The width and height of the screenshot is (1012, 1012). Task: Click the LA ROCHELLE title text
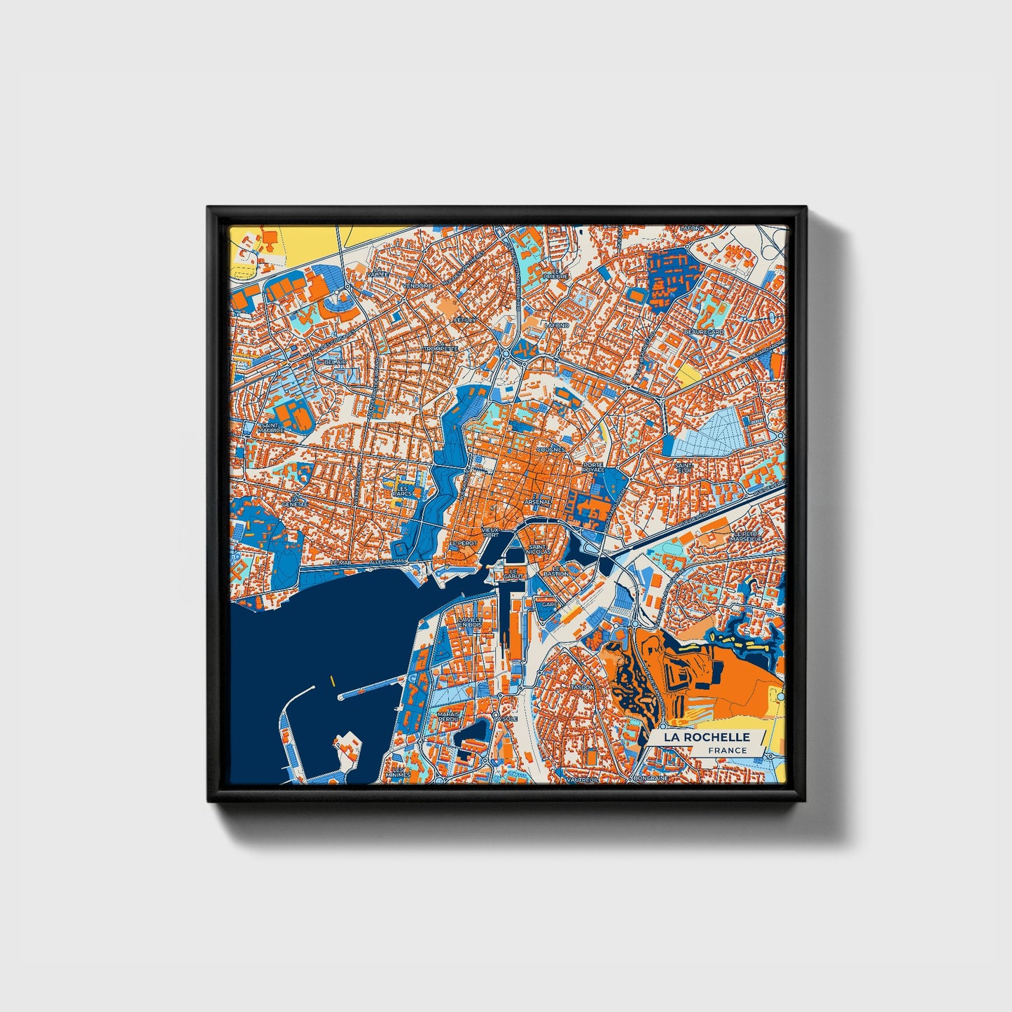[x=707, y=737]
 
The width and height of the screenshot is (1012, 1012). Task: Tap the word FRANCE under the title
[x=726, y=751]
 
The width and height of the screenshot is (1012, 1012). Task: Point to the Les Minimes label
[x=402, y=772]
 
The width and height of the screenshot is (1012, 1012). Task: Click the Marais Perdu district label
[x=448, y=718]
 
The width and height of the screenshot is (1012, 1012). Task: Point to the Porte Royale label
[x=592, y=467]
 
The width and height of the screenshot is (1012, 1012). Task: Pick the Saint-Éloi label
[x=684, y=467]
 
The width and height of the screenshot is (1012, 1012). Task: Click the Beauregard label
[x=704, y=331]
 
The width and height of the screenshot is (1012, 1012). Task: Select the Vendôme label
[x=419, y=286]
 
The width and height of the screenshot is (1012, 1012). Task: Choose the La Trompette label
[x=441, y=348]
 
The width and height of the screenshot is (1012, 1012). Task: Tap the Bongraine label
[x=649, y=777]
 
